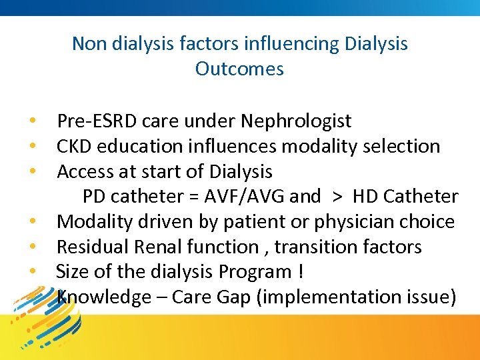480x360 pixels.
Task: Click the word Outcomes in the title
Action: [x=239, y=69]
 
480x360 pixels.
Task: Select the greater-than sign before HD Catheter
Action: [x=337, y=197]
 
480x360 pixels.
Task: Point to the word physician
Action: [x=365, y=221]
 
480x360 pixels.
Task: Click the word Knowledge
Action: [x=105, y=297]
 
